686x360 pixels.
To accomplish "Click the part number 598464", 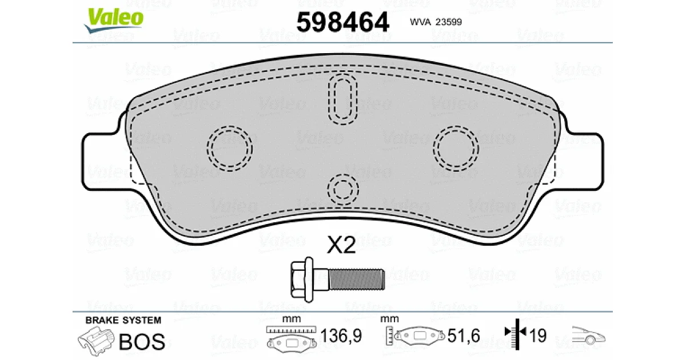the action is pos(343,22).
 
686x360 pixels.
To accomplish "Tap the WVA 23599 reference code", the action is pos(436,22).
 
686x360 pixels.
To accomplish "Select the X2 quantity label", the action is pos(341,245).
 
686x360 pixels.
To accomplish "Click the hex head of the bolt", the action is pos(302,279).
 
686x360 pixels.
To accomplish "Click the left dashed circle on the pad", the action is pos(230,149).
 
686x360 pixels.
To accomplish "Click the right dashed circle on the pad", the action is pos(456,149).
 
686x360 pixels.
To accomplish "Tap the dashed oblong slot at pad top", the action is pos(342,99).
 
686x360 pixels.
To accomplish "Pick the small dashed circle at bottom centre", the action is pos(343,189).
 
